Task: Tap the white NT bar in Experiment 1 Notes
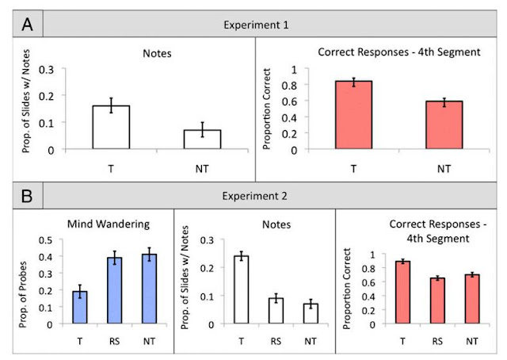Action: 204,139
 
